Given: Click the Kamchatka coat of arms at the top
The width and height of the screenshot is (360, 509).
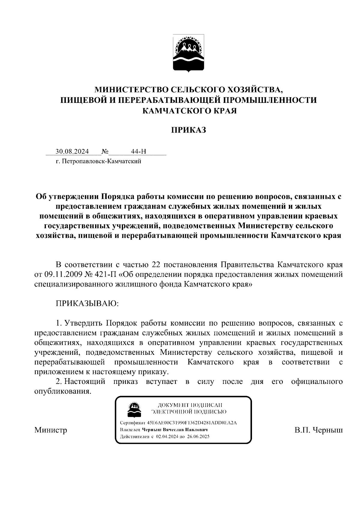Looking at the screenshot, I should (188, 53).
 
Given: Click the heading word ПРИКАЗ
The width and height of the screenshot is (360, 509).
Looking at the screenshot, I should (188, 130).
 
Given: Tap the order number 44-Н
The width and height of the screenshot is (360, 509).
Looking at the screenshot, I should (139, 151).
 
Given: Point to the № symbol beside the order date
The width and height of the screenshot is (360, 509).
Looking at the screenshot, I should (105, 151).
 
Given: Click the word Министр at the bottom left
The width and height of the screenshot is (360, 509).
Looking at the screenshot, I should (51, 430).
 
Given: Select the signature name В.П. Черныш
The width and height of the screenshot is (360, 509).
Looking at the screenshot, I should (318, 430).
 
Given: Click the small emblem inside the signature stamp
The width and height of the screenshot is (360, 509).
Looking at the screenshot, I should (134, 409).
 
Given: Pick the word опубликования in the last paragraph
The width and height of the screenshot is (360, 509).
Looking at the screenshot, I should (63, 391).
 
